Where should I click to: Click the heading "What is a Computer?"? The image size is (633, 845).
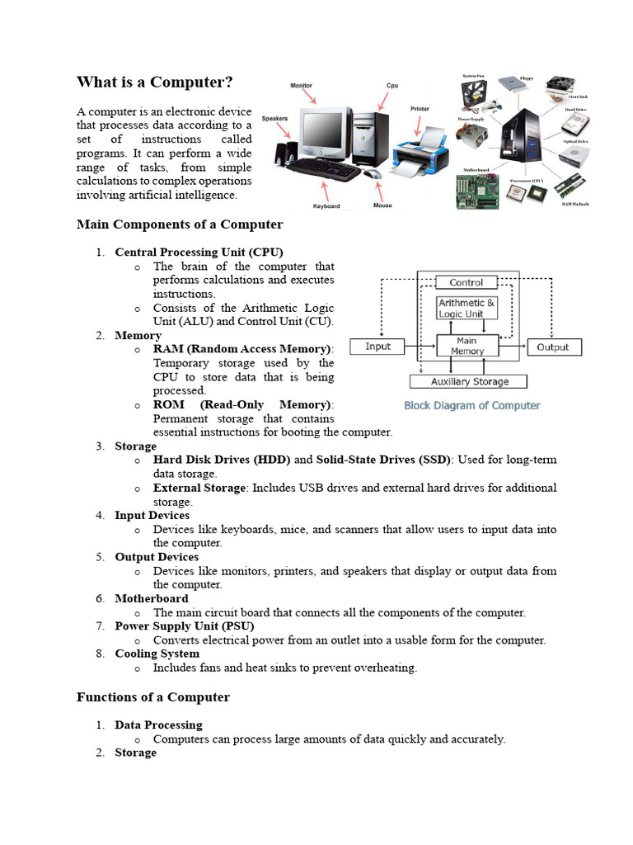(x=155, y=83)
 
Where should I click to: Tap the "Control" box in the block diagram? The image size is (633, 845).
(x=467, y=282)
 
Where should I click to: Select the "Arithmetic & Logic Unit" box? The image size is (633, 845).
(x=467, y=308)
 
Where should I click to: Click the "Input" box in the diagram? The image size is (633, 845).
(x=378, y=347)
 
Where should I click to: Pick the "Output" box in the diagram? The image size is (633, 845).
(x=552, y=347)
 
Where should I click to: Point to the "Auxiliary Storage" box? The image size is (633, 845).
(x=470, y=381)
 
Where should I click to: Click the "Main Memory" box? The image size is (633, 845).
(x=467, y=346)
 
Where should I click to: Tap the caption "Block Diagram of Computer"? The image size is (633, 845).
(x=471, y=405)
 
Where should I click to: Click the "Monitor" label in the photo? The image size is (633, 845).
(x=302, y=86)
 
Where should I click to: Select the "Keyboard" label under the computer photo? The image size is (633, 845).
(x=326, y=206)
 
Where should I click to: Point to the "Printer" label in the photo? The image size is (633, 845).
(x=420, y=109)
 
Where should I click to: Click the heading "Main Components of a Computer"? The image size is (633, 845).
(x=180, y=224)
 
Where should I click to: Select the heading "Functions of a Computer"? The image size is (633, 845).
(x=153, y=697)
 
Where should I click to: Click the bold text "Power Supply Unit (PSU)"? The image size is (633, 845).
(x=179, y=626)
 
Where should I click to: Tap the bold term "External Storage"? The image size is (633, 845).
(x=199, y=488)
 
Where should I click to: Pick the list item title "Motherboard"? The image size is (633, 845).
(x=152, y=598)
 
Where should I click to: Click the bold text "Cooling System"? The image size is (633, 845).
(x=157, y=654)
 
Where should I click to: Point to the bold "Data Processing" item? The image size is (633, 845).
(x=158, y=725)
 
